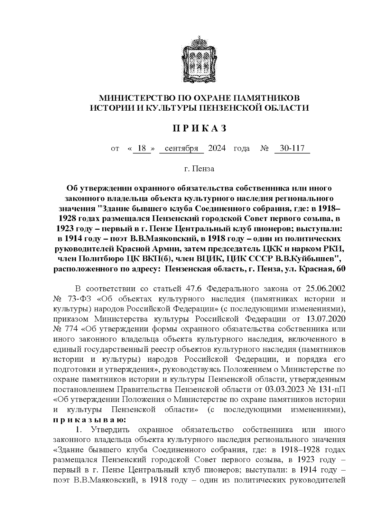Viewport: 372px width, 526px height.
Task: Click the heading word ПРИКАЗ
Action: [x=200, y=128]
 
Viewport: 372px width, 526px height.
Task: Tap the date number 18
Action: [x=142, y=148]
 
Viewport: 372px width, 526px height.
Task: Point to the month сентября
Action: [x=181, y=148]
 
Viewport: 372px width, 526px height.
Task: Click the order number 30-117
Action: [x=292, y=148]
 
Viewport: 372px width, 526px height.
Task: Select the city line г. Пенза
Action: [x=199, y=169]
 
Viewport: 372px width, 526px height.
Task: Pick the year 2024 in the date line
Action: [x=217, y=148]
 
